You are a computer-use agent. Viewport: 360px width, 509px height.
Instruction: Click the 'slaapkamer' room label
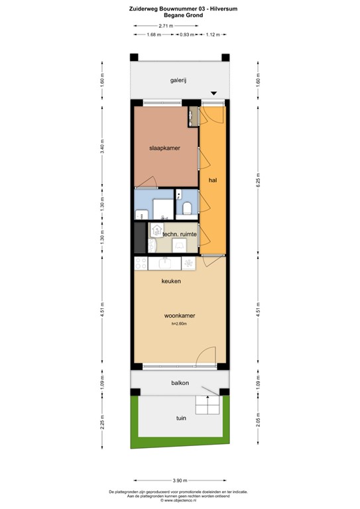pyautogui.click(x=164, y=148)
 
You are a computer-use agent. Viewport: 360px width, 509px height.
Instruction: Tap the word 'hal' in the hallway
pyautogui.click(x=212, y=180)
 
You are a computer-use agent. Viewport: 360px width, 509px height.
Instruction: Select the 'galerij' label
pyautogui.click(x=178, y=80)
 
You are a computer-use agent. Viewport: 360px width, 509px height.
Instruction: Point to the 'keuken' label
pyautogui.click(x=171, y=281)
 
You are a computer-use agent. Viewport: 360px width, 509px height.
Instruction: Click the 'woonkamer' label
pyautogui.click(x=179, y=315)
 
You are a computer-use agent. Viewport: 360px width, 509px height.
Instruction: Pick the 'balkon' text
pyautogui.click(x=179, y=383)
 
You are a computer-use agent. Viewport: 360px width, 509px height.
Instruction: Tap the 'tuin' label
pyautogui.click(x=180, y=419)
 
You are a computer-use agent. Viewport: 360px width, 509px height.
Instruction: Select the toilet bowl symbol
pyautogui.click(x=188, y=209)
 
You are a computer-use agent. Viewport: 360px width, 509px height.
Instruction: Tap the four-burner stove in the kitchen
pyautogui.click(x=141, y=263)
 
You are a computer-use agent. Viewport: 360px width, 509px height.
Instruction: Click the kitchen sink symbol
pyautogui.click(x=189, y=263)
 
